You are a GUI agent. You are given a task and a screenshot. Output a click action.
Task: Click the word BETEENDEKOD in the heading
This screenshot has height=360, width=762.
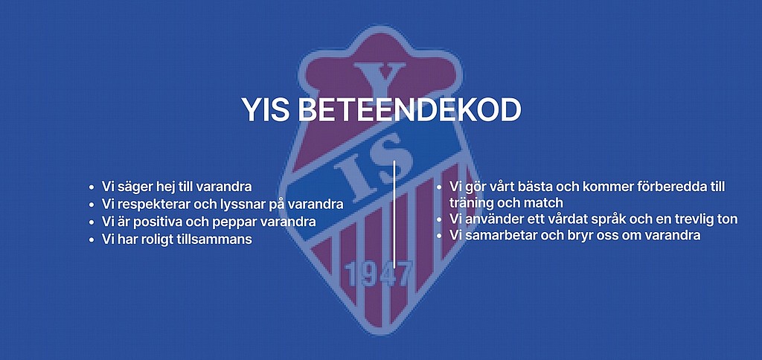[x=409, y=110]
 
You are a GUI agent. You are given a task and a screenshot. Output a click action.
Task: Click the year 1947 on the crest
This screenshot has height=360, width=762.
[x=378, y=274]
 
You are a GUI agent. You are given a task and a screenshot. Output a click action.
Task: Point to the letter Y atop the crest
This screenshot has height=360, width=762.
[x=379, y=80]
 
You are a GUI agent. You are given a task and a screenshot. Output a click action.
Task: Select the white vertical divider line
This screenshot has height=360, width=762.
[x=394, y=214]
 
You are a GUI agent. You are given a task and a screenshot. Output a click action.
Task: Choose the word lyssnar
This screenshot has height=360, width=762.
[x=240, y=205]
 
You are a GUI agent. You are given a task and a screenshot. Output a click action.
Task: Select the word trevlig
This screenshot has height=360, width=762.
[x=694, y=219]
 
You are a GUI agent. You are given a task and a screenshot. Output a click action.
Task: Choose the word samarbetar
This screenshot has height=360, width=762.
[x=495, y=236]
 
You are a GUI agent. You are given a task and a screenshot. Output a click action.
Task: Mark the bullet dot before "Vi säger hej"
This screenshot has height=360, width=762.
[x=92, y=187]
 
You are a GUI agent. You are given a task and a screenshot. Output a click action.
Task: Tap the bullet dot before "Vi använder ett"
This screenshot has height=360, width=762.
[x=439, y=219]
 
